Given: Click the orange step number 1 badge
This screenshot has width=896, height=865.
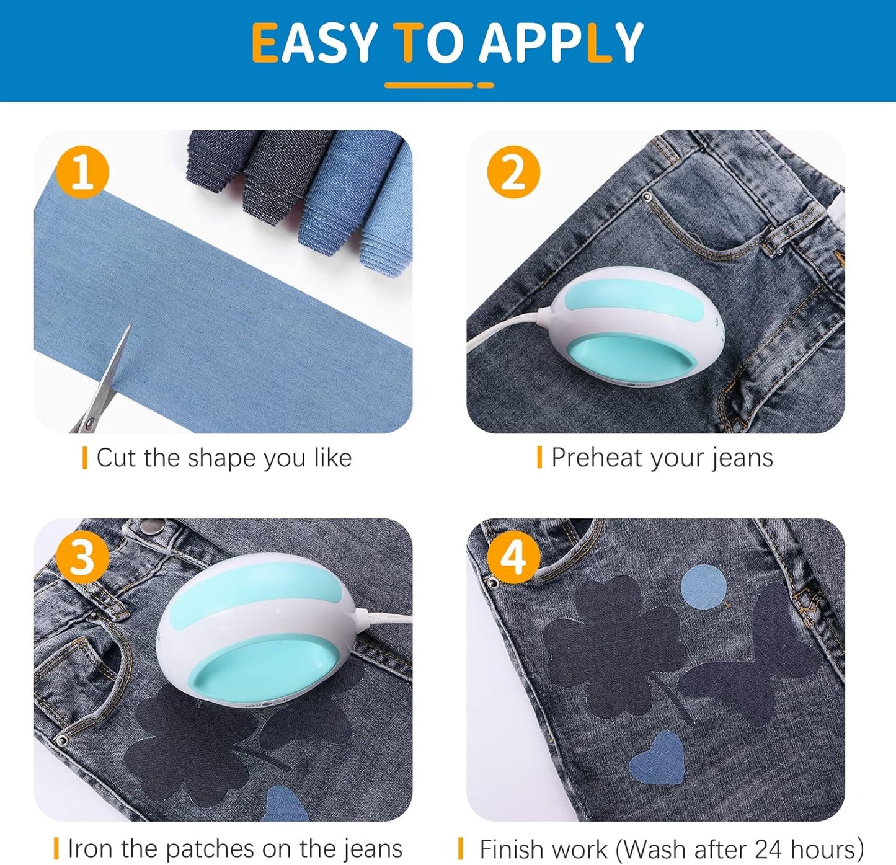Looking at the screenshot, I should [82, 172].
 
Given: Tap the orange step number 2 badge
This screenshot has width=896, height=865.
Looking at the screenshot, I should [513, 172].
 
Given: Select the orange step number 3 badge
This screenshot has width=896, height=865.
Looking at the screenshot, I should [82, 557].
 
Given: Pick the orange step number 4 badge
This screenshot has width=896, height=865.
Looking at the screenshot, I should [513, 557].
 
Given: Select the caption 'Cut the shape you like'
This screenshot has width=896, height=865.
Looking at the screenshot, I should [224, 458].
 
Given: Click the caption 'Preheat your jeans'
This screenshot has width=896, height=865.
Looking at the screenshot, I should [662, 458].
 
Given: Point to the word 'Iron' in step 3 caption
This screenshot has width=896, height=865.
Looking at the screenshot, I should [91, 848].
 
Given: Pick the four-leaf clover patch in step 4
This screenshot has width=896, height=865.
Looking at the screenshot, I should [611, 639].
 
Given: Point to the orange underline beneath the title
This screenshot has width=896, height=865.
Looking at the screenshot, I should [439, 85].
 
